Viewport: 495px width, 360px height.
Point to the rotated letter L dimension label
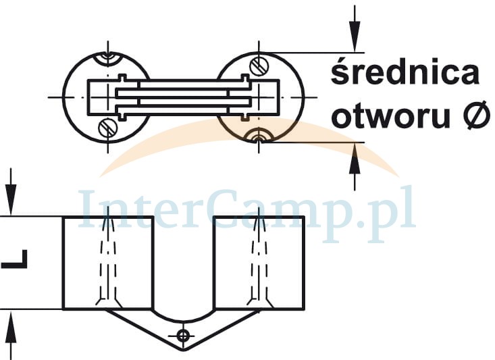15,259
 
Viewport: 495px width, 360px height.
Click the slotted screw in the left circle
107,126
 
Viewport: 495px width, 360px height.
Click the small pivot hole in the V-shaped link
182,335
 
